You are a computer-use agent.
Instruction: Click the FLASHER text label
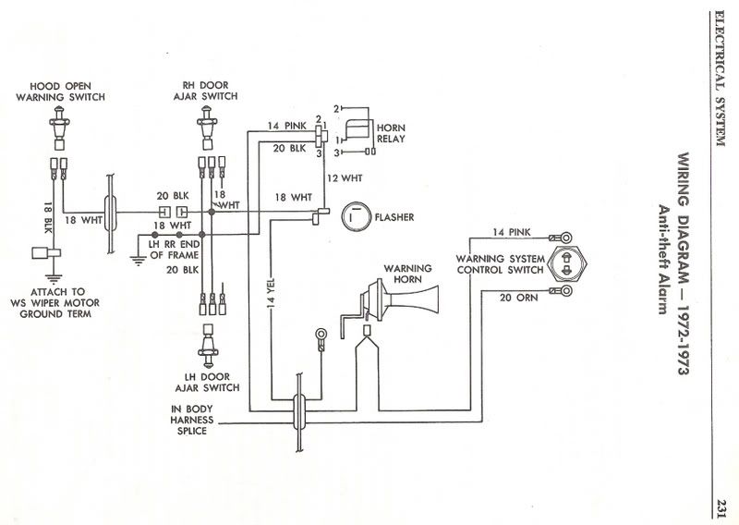tap(394, 218)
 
